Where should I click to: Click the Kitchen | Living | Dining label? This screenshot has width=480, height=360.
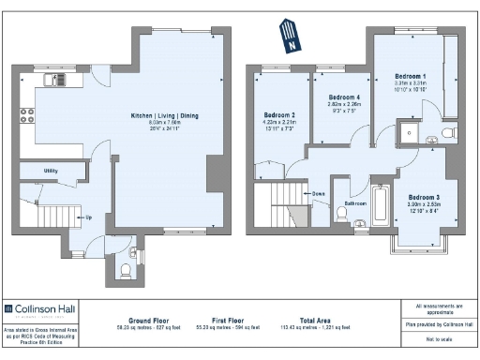pyautogui.click(x=164, y=115)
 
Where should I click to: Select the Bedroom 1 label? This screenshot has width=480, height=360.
pyautogui.click(x=411, y=75)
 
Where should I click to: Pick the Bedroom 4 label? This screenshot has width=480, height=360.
pyautogui.click(x=342, y=97)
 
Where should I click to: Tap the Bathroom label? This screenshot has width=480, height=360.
pyautogui.click(x=354, y=202)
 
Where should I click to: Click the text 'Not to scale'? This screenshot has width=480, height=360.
pyautogui.click(x=437, y=338)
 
